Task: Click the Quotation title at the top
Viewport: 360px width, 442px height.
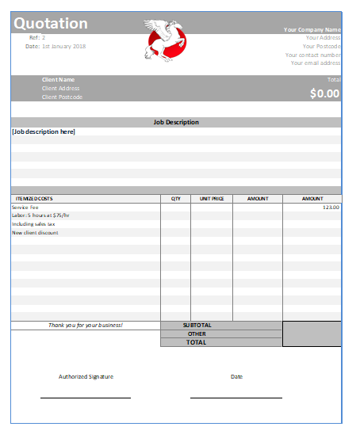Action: (51, 24)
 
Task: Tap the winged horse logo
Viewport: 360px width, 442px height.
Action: (166, 41)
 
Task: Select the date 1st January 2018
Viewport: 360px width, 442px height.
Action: (63, 46)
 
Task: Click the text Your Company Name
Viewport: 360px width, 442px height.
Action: (312, 29)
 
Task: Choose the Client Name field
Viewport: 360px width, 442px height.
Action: (58, 79)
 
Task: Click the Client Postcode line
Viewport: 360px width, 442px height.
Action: (62, 97)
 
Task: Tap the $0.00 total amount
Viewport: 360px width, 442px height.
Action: (324, 93)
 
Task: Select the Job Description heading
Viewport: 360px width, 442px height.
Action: (176, 122)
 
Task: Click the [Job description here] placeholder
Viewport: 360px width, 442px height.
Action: (44, 131)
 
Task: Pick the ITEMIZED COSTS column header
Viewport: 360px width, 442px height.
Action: (34, 199)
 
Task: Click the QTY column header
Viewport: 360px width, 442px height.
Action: (175, 199)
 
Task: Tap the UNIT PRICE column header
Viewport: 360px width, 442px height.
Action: (212, 199)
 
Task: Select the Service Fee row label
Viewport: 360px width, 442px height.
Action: (25, 207)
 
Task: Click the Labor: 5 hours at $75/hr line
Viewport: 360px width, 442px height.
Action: (40, 215)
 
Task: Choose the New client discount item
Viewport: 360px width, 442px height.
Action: (35, 233)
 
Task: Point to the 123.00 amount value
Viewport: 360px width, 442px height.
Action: (331, 207)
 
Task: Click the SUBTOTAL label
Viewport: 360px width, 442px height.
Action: (197, 325)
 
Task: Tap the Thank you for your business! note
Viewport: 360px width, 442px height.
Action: (85, 325)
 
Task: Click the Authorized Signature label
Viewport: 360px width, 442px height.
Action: (86, 376)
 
